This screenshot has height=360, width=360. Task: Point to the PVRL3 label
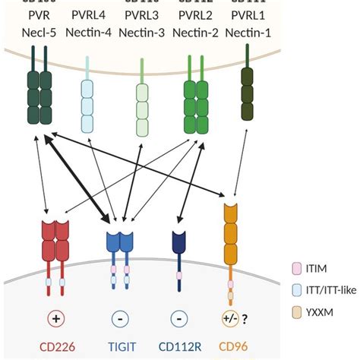[x=142, y=16]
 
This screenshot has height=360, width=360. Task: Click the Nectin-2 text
[x=197, y=34]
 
